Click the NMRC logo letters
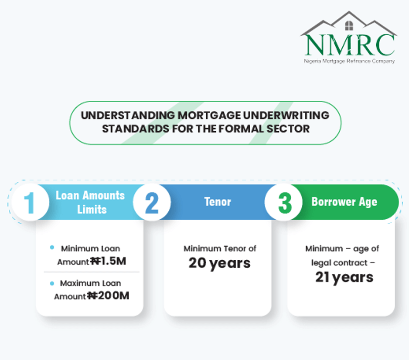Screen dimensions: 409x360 coord(350,44)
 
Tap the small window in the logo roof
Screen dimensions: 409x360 coord(349,26)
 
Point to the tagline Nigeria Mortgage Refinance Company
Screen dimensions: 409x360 coord(349,61)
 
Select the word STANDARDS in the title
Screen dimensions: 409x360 coord(136,129)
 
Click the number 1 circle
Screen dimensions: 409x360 coord(31,202)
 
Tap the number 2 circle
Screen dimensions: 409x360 coord(152,202)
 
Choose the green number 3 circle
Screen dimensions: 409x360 coord(283,202)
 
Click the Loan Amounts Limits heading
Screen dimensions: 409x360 coord(91,202)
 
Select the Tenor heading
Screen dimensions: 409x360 coord(218,202)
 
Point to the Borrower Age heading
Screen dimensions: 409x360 coord(344,202)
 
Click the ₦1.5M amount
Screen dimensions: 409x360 coord(108,261)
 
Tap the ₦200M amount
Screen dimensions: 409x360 coord(108,295)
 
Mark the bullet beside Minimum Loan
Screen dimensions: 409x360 coord(52,248)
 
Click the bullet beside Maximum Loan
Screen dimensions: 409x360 coord(52,283)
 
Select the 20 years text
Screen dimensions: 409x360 coord(219,264)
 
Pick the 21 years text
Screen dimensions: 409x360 coord(344,278)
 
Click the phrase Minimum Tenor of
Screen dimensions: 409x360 coord(220,248)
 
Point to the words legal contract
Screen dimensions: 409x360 coord(339,263)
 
